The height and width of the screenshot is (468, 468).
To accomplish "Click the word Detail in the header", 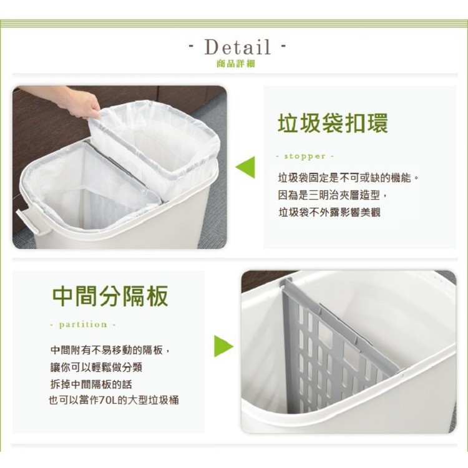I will click(x=237, y=47).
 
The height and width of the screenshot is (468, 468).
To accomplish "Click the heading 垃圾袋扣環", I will click(x=333, y=122).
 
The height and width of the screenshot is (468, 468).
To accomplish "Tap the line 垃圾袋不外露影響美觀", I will click(x=329, y=213).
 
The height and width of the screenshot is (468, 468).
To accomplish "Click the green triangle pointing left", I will click(x=245, y=167).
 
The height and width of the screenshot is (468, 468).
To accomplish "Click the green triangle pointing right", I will click(x=223, y=346).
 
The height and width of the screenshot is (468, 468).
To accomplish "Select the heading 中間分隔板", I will click(x=110, y=296).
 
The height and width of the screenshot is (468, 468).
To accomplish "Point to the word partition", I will click(x=83, y=324).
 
